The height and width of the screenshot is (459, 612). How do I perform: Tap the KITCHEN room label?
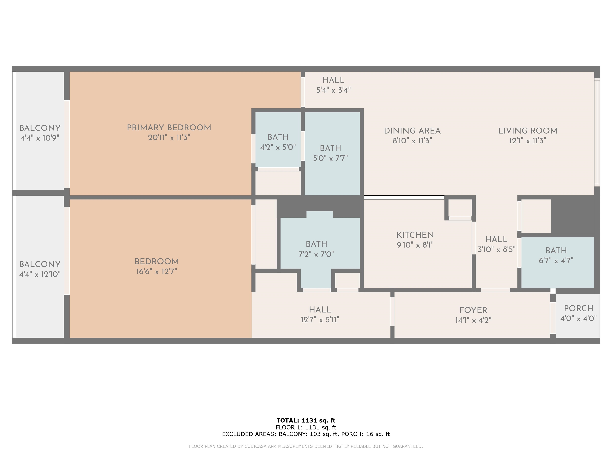415,235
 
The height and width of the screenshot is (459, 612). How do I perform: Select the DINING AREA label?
412,131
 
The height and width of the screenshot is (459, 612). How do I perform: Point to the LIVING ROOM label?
528,131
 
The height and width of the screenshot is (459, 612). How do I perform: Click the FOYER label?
473,310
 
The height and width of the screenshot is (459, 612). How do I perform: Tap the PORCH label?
579,308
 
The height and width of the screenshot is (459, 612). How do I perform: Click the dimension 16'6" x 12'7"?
157,271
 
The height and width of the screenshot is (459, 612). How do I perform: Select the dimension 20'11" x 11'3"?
169,137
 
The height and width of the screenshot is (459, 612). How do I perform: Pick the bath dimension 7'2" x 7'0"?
316,254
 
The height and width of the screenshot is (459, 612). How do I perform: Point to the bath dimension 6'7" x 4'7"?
556,260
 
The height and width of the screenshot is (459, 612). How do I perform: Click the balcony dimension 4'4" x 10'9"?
40,138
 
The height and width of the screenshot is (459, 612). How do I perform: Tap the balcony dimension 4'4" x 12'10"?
40,274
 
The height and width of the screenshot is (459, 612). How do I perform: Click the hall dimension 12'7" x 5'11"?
320,320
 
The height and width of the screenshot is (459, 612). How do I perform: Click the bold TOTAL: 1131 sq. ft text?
306,420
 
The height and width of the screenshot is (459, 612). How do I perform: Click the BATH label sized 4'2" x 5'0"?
278,137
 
